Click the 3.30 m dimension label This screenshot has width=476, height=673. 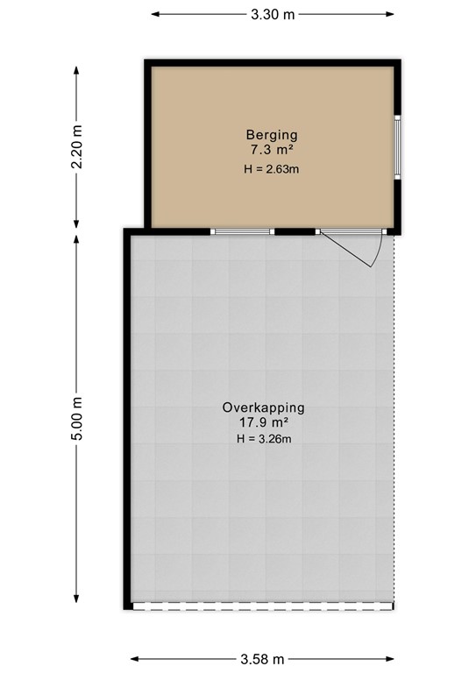(272, 14)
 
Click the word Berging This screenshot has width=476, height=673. (272, 135)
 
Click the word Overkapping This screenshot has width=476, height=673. (263, 407)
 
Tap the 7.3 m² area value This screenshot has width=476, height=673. (272, 151)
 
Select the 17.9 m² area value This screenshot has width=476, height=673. (263, 423)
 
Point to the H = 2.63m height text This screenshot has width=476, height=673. (272, 168)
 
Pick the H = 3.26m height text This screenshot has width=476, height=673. (263, 439)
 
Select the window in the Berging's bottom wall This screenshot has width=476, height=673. (243, 232)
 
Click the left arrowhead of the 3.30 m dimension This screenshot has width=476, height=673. (155, 14)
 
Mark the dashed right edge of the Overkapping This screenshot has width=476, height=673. (394, 421)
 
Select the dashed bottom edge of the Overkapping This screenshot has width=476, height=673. (263, 606)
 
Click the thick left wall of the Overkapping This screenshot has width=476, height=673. (128, 421)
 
